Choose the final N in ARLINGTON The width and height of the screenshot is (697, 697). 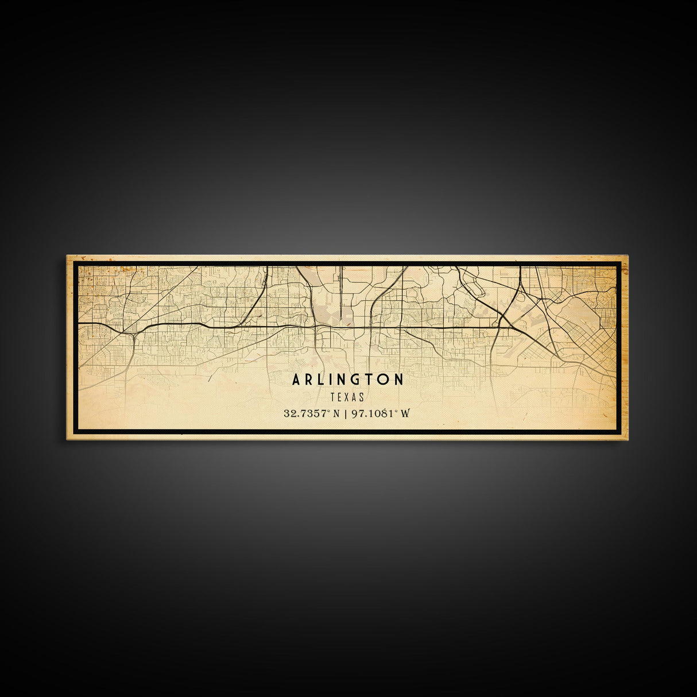click(x=398, y=380)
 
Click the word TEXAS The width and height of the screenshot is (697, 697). click(x=348, y=396)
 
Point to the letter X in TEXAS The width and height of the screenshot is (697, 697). click(x=348, y=396)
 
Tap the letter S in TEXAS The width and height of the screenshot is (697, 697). click(x=362, y=396)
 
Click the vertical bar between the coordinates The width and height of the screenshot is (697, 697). click(x=346, y=413)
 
